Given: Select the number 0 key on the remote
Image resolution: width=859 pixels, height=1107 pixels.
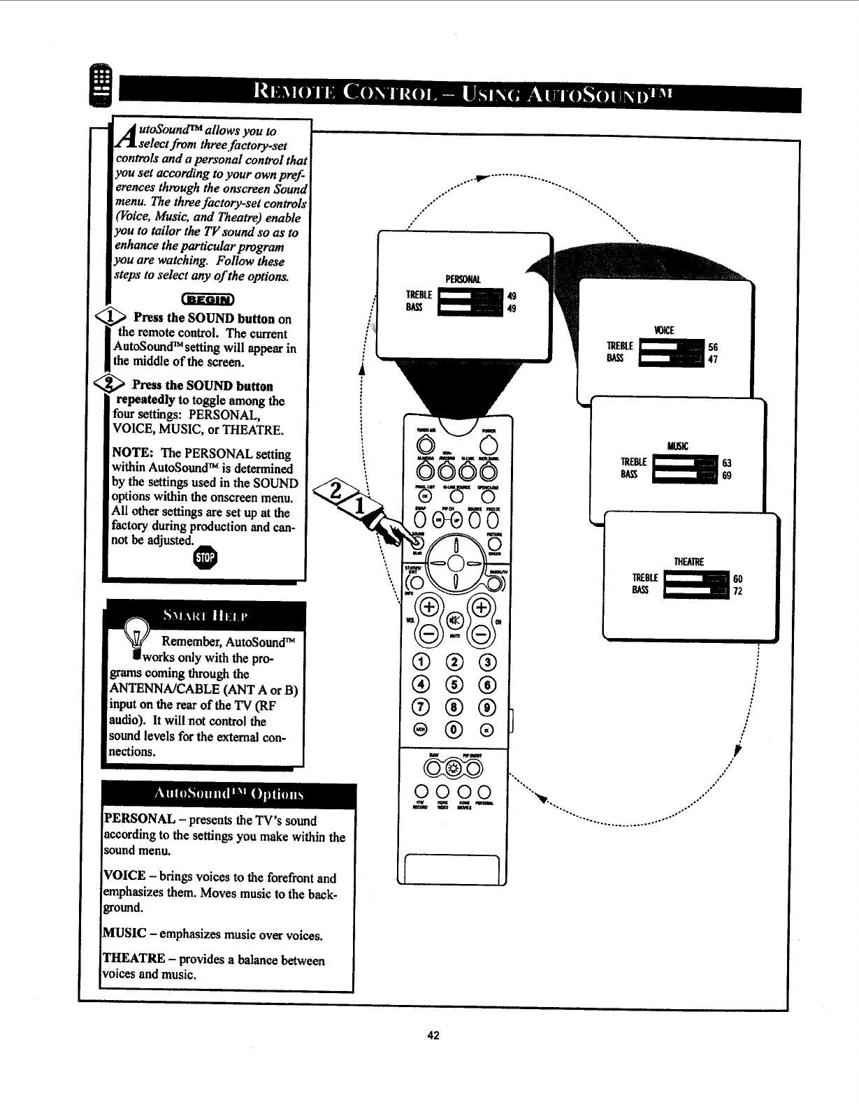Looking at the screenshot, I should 455,730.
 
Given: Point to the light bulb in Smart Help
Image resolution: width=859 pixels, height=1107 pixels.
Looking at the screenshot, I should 134,632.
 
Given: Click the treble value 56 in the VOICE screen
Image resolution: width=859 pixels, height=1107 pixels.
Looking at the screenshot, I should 713,347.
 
